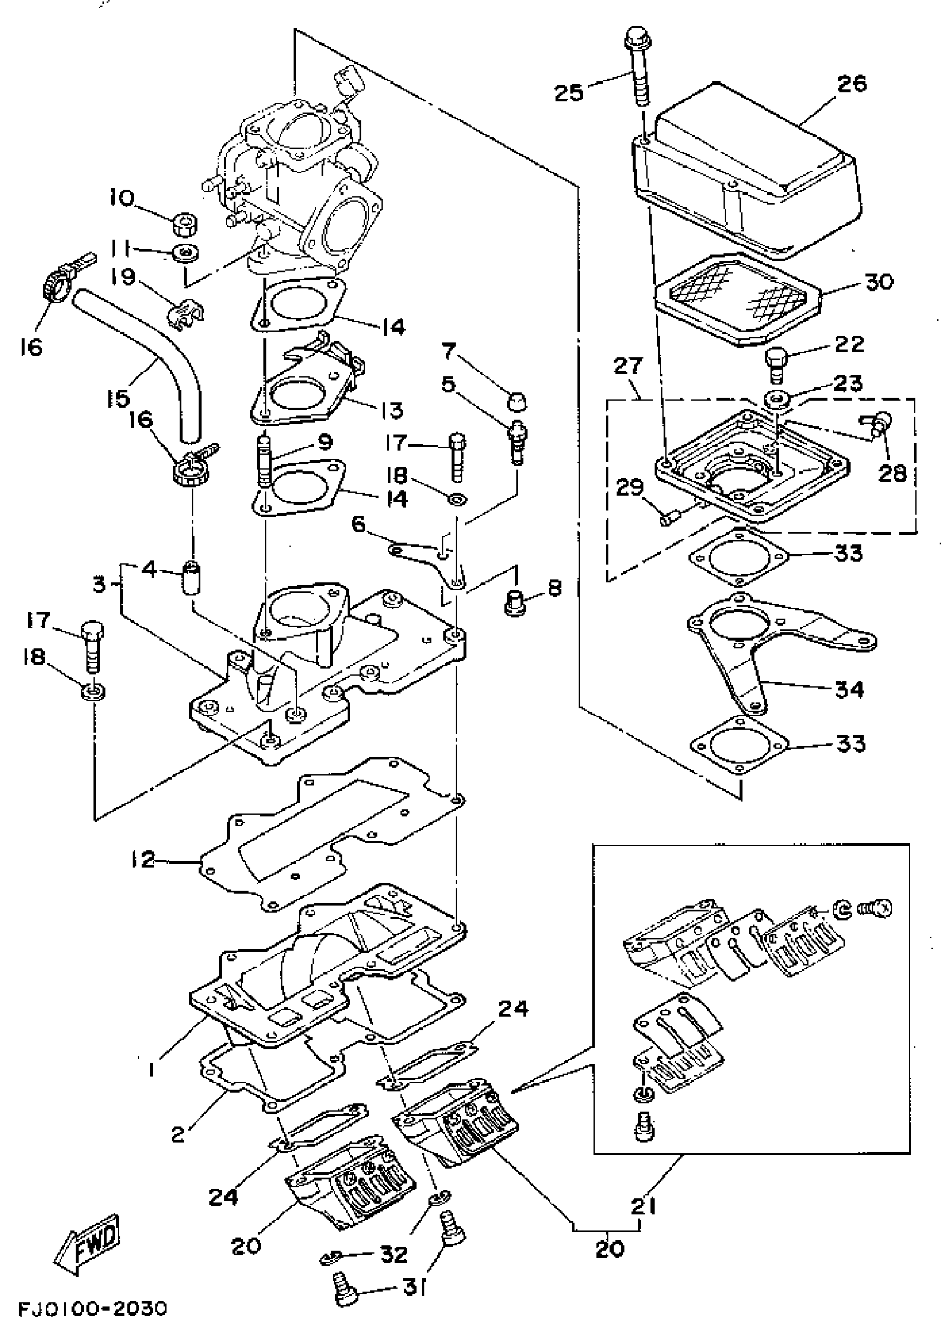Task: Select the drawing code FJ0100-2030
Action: [92, 1323]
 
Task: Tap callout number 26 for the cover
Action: [851, 83]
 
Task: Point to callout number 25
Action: [568, 93]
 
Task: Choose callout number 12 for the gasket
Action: [143, 859]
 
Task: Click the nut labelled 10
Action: [186, 223]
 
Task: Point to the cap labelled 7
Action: [516, 402]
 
